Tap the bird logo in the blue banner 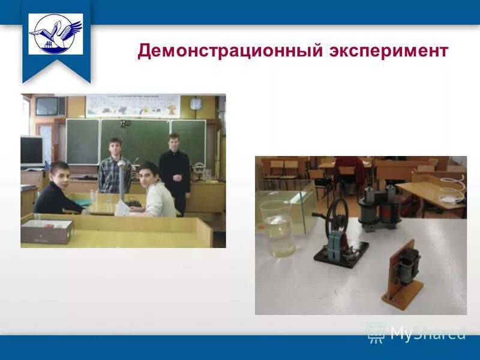point(56,34)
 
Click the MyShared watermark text point(427,333)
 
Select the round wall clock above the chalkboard point(196,103)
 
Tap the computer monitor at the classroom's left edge point(32,151)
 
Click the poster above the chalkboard point(133,106)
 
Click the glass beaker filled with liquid point(278,229)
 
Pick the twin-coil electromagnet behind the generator point(379,207)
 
